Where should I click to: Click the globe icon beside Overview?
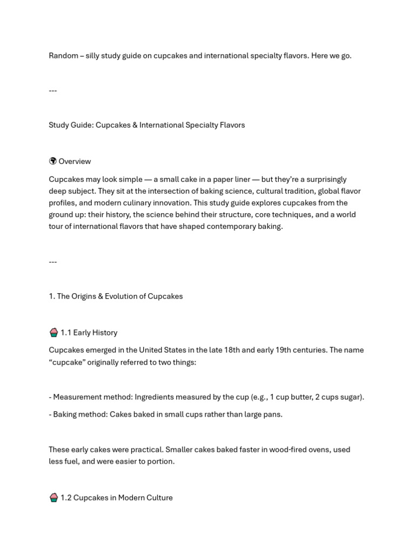click(53, 161)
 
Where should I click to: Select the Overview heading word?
click(75, 161)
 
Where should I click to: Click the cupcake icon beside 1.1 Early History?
click(53, 333)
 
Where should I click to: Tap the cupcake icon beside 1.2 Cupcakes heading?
click(53, 498)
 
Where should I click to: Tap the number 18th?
click(231, 350)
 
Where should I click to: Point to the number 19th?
click(284, 350)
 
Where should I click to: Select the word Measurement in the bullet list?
click(75, 397)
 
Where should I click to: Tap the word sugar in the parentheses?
click(350, 397)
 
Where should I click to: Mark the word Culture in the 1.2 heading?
click(158, 498)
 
